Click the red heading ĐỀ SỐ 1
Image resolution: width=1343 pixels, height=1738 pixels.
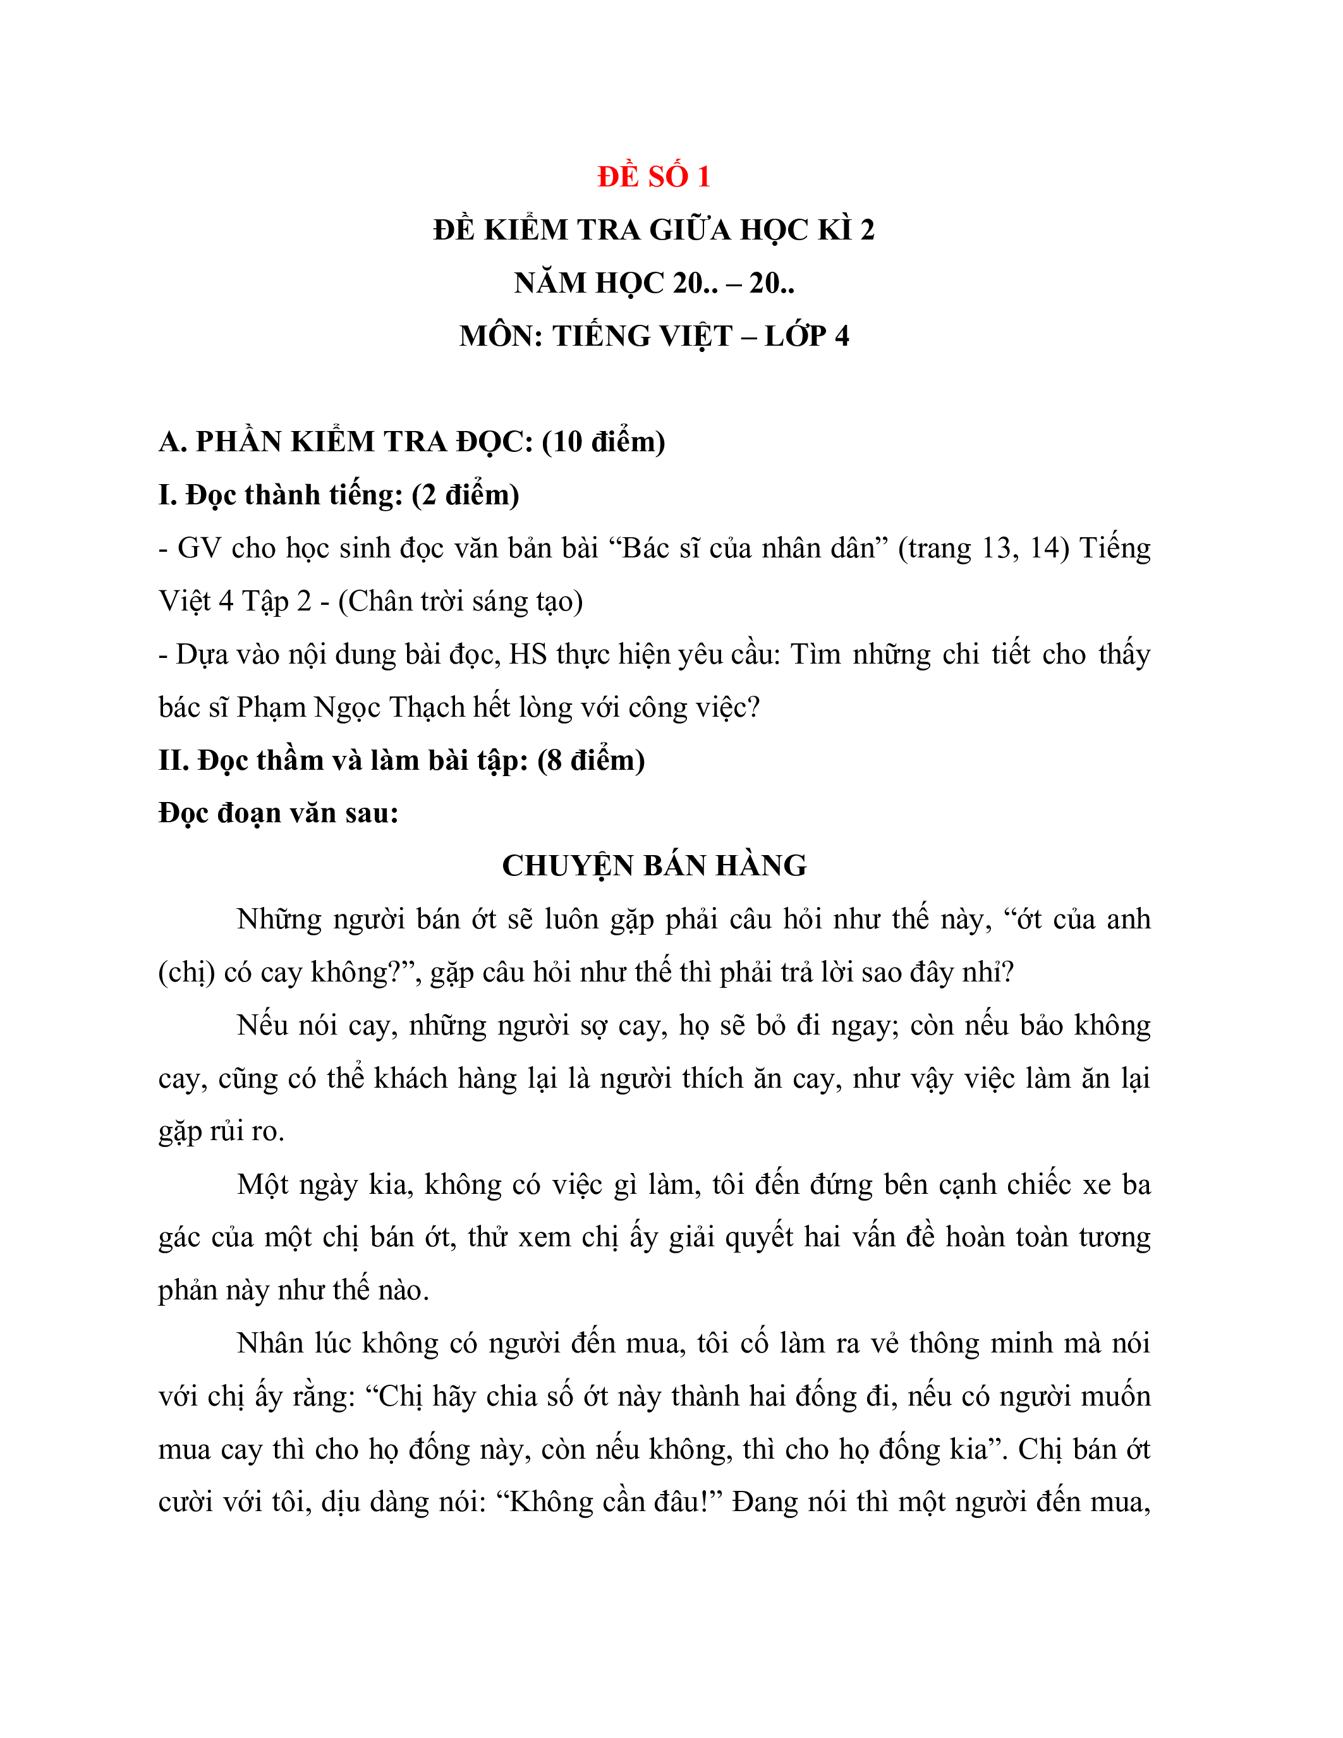[x=653, y=177]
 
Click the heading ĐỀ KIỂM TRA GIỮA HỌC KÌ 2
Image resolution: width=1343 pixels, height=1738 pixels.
[x=653, y=230]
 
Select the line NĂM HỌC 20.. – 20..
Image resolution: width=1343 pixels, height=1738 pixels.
[x=653, y=283]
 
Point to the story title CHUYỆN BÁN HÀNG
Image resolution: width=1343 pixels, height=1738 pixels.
[x=654, y=866]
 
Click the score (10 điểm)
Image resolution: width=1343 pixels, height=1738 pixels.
[x=603, y=442]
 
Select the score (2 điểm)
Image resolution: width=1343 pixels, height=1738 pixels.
[x=465, y=495]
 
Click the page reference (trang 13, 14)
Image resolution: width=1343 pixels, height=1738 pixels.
[x=983, y=549]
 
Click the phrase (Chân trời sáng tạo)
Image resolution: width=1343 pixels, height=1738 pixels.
[x=461, y=601]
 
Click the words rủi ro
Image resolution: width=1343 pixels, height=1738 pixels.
[x=246, y=1131]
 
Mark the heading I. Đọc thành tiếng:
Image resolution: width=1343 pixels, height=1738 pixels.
[x=281, y=495]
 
